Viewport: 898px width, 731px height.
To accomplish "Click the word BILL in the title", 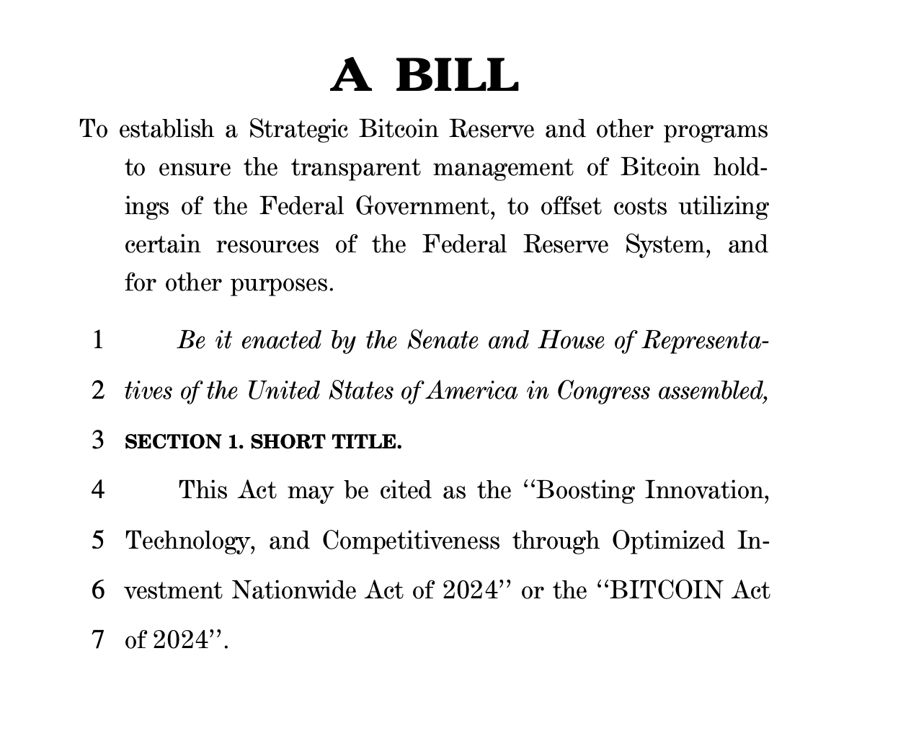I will coord(458,76).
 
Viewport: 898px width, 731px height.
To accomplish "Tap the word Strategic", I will coord(299,130).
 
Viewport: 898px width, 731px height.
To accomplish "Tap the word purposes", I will coord(282,283).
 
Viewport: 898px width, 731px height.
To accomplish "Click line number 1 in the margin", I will coord(98,340).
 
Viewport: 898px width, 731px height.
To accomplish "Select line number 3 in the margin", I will coord(98,440).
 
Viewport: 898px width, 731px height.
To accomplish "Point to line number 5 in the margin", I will coord(98,540).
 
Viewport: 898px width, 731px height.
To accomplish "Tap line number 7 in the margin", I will coord(98,639).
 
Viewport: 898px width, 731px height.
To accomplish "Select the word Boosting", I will coord(585,490).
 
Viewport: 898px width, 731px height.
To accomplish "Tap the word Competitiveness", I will coord(411,540).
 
